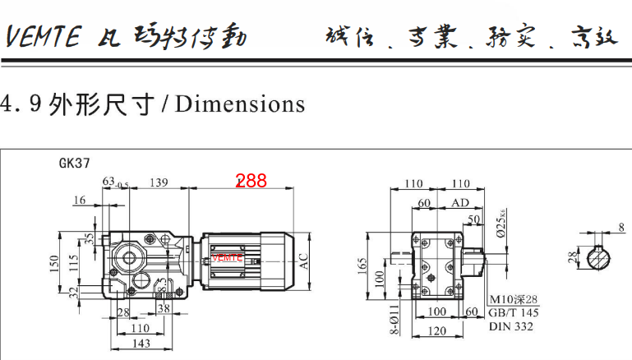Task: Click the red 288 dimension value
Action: [251, 181]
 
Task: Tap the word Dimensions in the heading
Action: [239, 104]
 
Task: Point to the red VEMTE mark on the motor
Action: [228, 257]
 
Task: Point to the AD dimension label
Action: [460, 202]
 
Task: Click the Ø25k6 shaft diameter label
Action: [500, 224]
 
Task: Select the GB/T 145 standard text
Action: [514, 312]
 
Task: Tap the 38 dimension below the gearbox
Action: [164, 310]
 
